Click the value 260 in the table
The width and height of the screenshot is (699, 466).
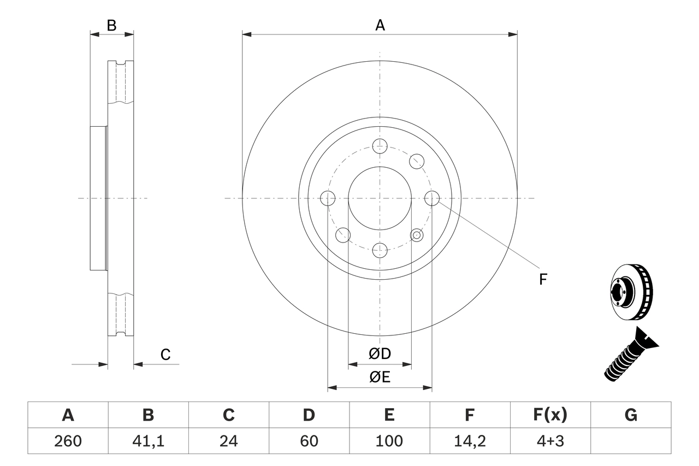68,441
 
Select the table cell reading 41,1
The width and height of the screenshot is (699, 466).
148,441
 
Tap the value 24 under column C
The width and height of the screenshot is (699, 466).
228,441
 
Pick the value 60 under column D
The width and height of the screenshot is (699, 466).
309,441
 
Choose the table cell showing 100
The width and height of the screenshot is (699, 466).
389,441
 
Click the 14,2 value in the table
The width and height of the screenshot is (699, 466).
469,441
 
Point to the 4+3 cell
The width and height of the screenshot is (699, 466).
550,441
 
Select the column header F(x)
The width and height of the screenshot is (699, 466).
550,415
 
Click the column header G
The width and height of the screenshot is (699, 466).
631,415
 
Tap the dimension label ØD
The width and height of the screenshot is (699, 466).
380,354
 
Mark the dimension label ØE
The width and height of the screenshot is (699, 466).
380,377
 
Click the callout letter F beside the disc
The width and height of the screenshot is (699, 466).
542,280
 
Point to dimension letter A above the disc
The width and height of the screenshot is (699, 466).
380,25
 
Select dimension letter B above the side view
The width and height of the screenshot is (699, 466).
111,25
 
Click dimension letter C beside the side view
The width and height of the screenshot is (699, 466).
165,355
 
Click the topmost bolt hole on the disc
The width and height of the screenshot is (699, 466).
380,146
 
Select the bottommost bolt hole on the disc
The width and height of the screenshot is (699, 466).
380,250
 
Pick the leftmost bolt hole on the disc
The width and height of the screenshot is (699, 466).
328,198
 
